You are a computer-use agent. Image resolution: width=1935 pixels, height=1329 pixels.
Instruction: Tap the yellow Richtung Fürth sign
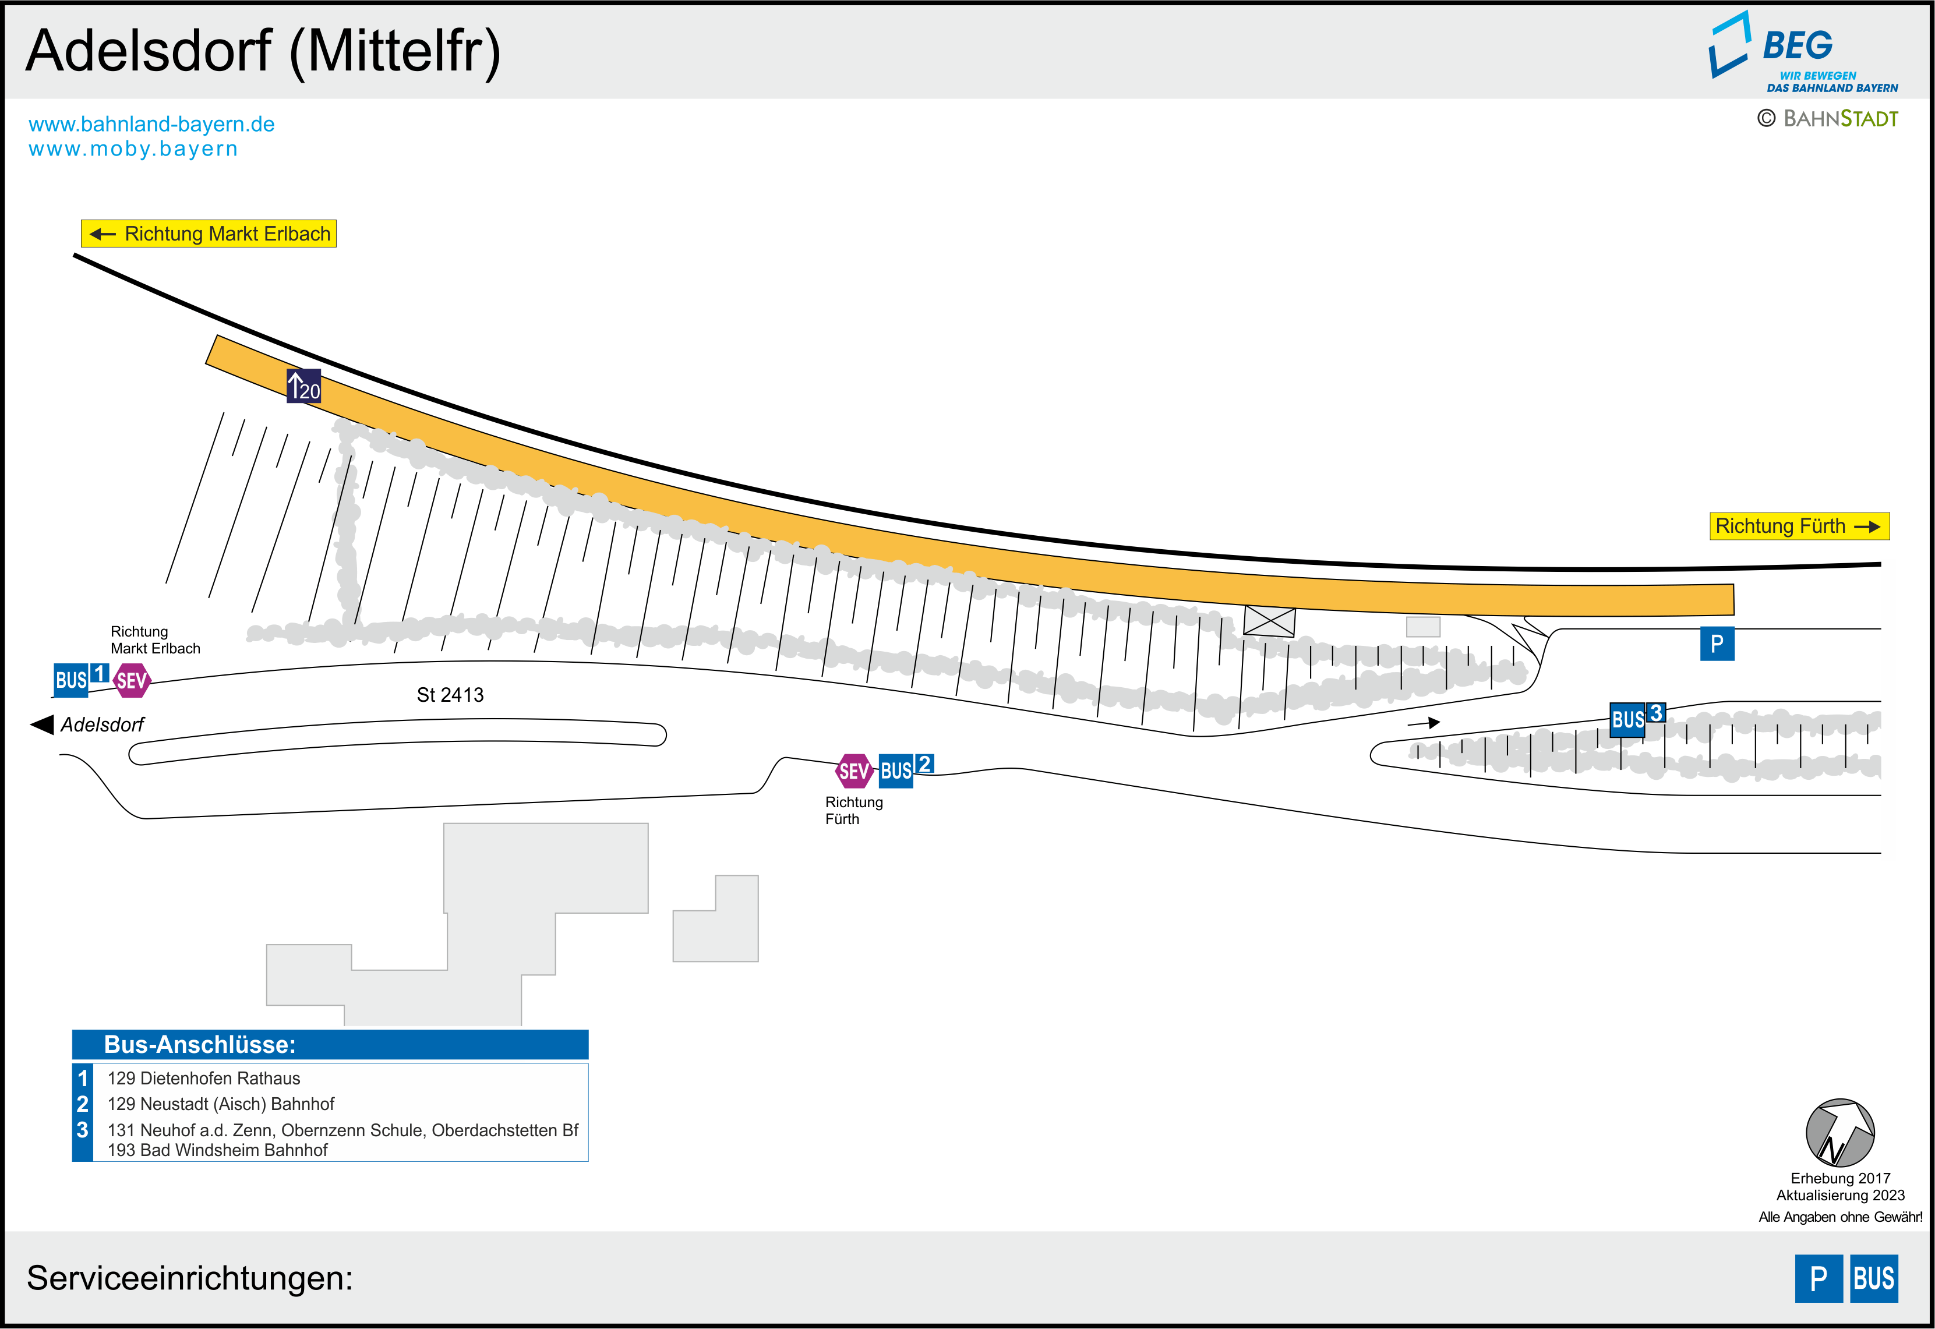(x=1799, y=526)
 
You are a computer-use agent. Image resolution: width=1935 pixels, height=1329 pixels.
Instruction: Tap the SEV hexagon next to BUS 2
(x=854, y=771)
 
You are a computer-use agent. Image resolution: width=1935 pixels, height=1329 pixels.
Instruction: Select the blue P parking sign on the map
(x=1716, y=644)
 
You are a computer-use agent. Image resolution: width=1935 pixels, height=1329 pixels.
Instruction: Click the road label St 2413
(x=450, y=694)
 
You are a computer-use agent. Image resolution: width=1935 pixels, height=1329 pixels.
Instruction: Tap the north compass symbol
(x=1839, y=1133)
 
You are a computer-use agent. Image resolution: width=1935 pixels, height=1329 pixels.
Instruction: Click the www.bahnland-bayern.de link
(x=151, y=124)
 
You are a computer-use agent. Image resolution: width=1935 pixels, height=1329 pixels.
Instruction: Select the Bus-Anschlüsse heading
(x=200, y=1044)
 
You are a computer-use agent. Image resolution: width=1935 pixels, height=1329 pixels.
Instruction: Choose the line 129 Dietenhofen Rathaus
(x=204, y=1079)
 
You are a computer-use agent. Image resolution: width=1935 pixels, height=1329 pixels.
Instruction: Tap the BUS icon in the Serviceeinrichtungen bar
(x=1873, y=1278)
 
